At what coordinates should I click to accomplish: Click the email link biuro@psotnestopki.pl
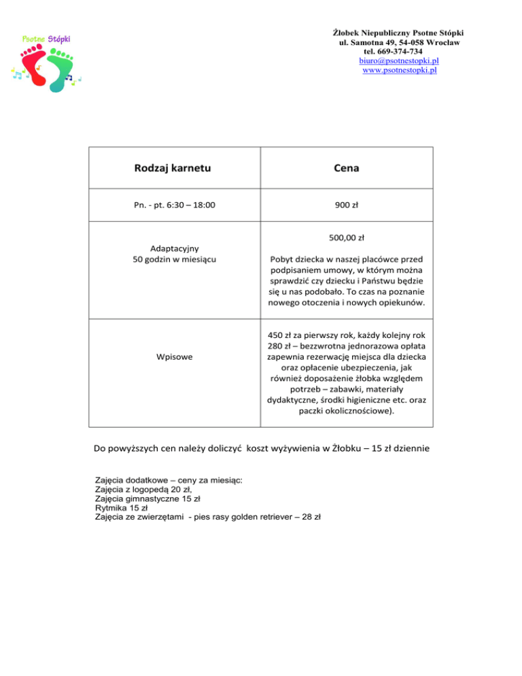399,61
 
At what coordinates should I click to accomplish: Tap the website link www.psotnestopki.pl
399,69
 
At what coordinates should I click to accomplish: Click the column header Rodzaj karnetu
173,168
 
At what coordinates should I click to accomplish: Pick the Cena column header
347,168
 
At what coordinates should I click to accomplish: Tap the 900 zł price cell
347,204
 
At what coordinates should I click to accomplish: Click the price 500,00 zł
347,238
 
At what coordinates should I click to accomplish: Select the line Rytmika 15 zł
123,507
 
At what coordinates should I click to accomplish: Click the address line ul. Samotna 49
368,43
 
